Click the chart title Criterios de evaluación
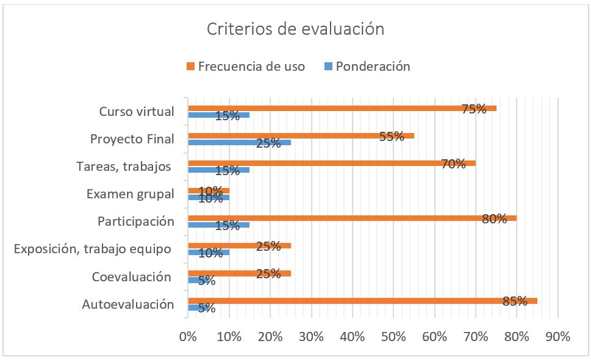tap(295, 29)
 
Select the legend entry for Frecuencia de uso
tap(250, 67)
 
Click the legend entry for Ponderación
tap(373, 67)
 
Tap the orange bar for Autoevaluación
tap(362, 301)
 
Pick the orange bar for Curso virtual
tap(342, 108)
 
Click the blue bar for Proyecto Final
tap(239, 142)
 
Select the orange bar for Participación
tap(352, 218)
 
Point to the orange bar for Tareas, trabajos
tap(331, 163)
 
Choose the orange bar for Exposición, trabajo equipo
tap(239, 246)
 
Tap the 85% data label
tap(515, 301)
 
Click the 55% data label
tap(392, 137)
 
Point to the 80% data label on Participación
tap(494, 218)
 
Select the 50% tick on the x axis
tap(393, 336)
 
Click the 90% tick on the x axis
tap(557, 336)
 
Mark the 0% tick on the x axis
tap(188, 336)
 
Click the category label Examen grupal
tap(130, 194)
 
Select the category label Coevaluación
tap(131, 277)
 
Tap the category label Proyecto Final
tap(132, 139)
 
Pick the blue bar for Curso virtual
tap(218, 115)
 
